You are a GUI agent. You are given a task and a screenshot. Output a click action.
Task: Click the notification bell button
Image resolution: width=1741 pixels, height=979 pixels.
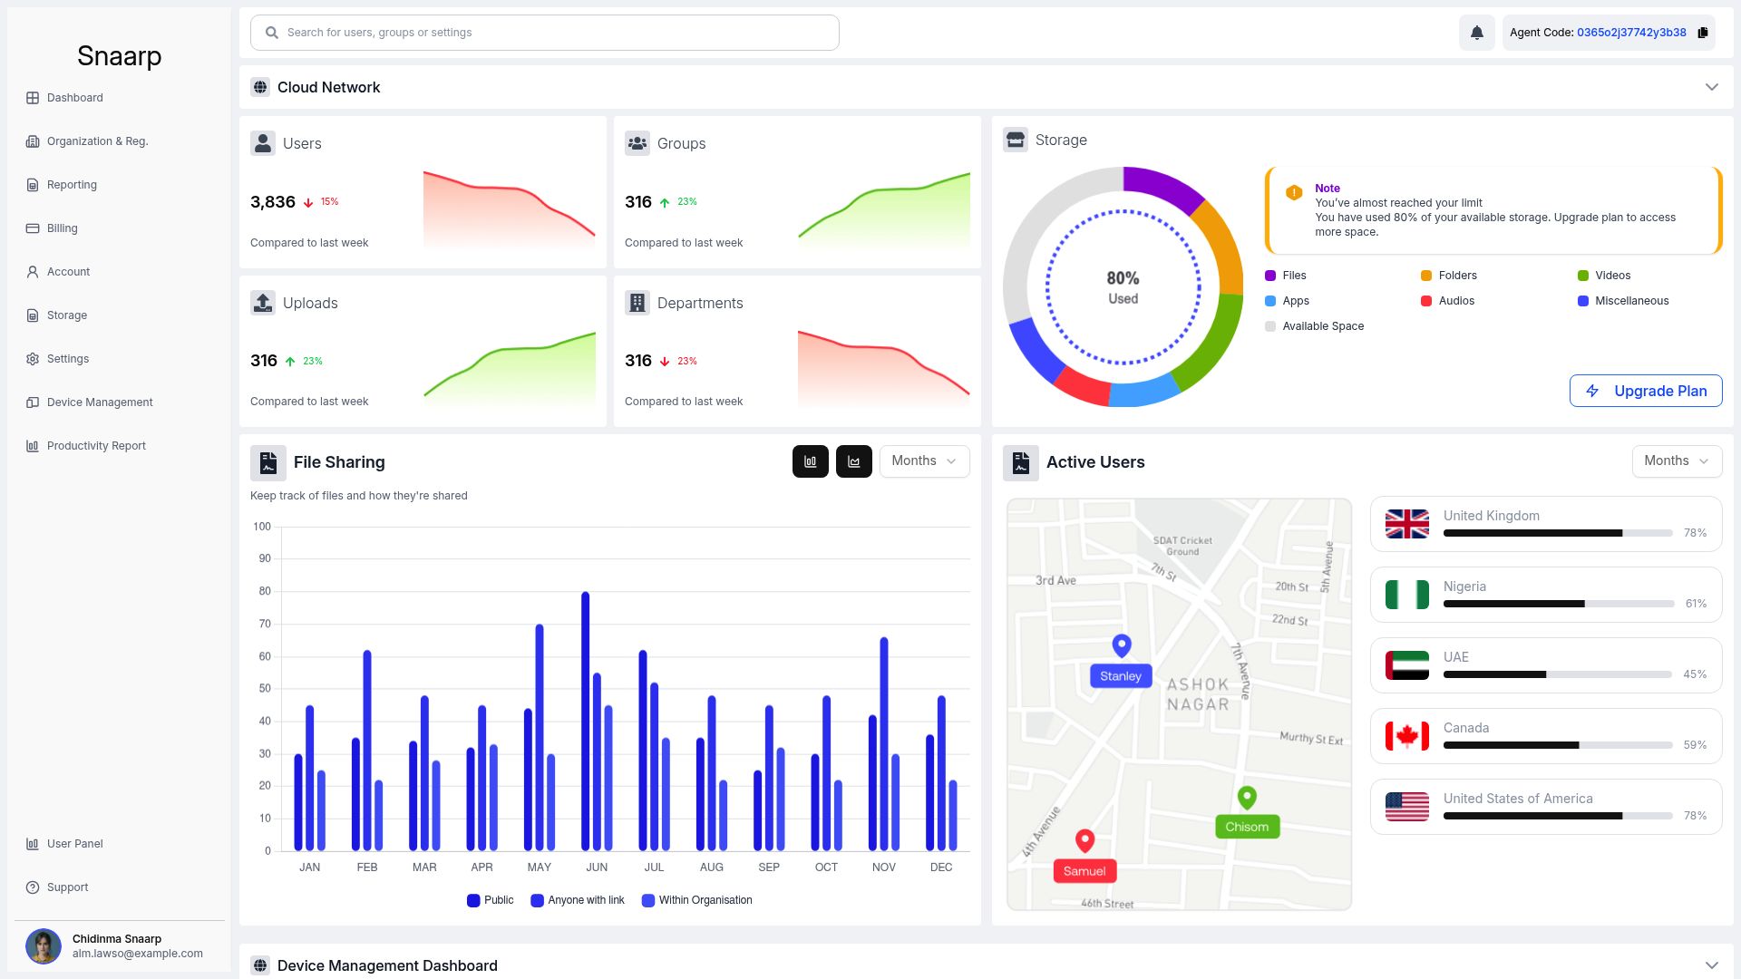(x=1476, y=33)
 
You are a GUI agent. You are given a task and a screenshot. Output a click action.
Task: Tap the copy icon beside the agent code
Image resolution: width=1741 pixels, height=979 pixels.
(x=1703, y=33)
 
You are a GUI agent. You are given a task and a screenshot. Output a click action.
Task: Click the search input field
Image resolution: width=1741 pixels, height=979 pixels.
(x=544, y=33)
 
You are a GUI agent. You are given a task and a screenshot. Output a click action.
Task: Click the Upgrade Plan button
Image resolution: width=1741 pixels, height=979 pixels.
(x=1646, y=391)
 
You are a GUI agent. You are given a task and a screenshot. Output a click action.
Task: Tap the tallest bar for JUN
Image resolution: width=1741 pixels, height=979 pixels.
(x=586, y=722)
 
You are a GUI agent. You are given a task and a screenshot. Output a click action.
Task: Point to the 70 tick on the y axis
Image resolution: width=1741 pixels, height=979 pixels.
(x=265, y=624)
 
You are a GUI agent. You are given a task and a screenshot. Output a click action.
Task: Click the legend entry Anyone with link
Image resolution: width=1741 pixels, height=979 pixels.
(x=578, y=900)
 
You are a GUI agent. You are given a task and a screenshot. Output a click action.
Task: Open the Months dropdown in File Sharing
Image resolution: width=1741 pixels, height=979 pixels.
(x=924, y=460)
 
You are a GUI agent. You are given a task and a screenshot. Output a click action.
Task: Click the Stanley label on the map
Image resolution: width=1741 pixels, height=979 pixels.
(x=1121, y=676)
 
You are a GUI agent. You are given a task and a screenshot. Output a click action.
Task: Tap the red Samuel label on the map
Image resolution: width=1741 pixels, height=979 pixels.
(x=1084, y=871)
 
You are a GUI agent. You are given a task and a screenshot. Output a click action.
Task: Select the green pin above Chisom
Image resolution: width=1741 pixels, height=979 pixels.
(x=1247, y=798)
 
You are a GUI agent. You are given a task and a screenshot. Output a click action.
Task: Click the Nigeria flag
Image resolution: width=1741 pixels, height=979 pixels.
(x=1407, y=595)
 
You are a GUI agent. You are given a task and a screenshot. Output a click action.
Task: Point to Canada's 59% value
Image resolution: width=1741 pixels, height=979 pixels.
(x=1695, y=745)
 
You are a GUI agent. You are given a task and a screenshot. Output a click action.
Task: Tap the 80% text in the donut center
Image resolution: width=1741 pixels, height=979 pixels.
(x=1123, y=278)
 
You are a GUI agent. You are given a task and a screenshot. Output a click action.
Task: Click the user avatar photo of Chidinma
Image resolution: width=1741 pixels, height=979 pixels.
(x=43, y=946)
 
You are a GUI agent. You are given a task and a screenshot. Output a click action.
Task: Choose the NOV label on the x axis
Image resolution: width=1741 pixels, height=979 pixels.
(x=884, y=868)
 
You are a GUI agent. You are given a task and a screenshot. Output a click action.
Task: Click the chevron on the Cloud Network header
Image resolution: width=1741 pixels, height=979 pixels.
(x=1712, y=87)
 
